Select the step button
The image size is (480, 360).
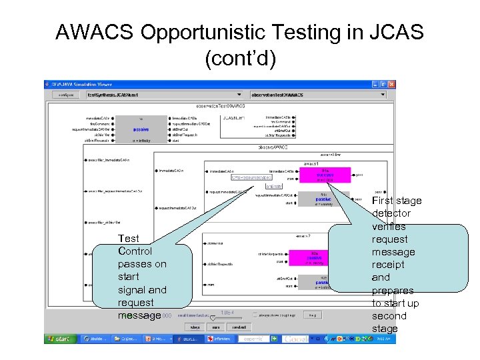tap(195, 327)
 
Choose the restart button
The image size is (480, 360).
tap(239, 327)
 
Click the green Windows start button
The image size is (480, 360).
tap(59, 339)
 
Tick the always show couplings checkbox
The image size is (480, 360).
tap(255, 315)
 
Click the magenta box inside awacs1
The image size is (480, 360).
tap(324, 175)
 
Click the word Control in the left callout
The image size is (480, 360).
tap(135, 251)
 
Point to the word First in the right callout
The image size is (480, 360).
tap(387, 201)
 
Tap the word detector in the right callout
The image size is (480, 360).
tap(391, 213)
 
